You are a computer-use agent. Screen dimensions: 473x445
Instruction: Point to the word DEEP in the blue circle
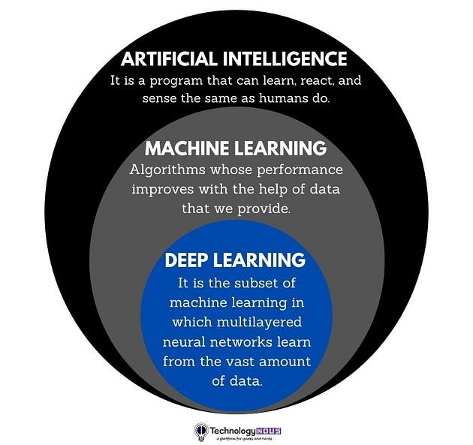tap(188, 260)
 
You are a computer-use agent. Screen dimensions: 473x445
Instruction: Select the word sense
tap(167, 98)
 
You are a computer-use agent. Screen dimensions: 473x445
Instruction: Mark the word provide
tap(263, 208)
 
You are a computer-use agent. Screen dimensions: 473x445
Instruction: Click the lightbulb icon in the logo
tap(200, 431)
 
